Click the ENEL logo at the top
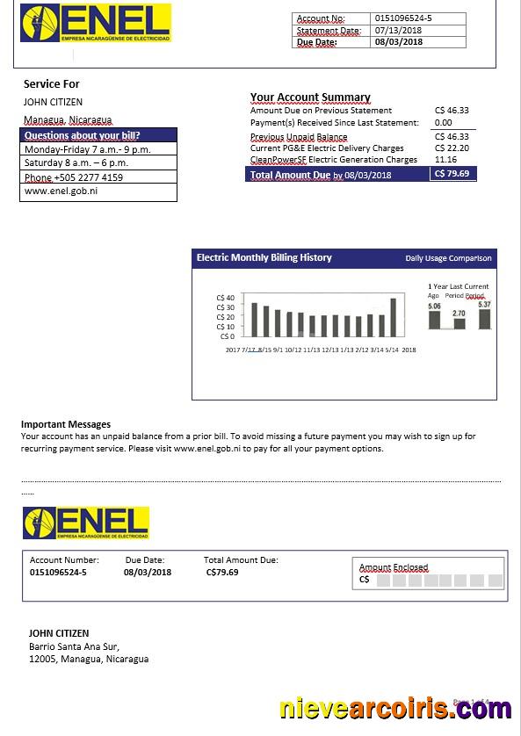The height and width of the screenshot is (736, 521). click(x=96, y=24)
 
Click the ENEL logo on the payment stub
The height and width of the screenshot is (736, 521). click(x=86, y=523)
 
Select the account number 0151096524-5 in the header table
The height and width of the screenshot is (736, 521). click(x=403, y=18)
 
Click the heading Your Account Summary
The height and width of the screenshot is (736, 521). click(x=310, y=97)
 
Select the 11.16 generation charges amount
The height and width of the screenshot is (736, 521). click(x=445, y=160)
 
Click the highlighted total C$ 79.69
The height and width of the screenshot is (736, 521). click(x=452, y=174)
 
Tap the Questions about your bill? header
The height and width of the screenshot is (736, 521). click(x=83, y=135)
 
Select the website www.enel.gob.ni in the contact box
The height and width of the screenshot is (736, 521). click(x=61, y=191)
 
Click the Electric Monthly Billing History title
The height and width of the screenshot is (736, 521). click(x=264, y=258)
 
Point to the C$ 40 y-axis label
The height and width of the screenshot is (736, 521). click(x=225, y=299)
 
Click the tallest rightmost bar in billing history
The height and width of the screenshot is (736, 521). click(x=393, y=317)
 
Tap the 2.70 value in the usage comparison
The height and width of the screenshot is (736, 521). click(x=459, y=314)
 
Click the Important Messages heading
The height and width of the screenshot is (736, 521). click(x=66, y=424)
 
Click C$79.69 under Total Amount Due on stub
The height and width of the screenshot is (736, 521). click(x=222, y=572)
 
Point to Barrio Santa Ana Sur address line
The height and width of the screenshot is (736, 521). click(x=74, y=646)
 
